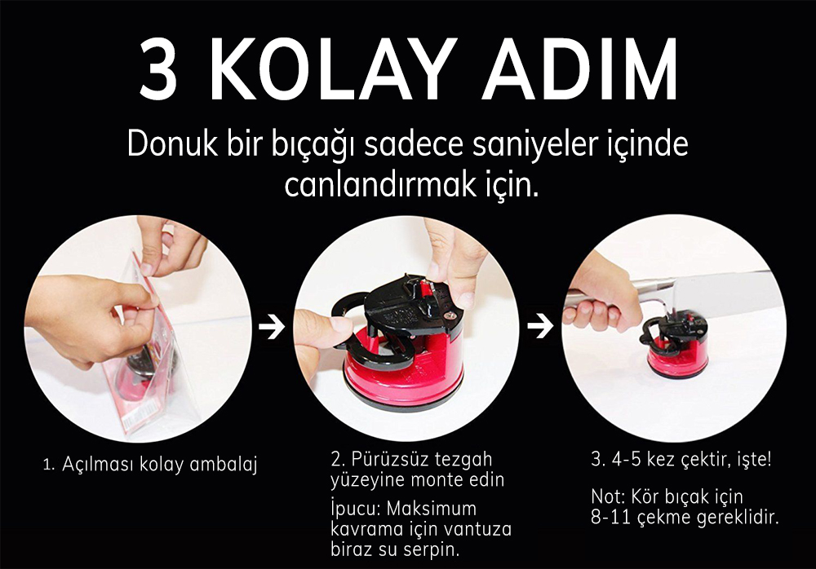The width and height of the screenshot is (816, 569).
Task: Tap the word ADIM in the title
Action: click(x=579, y=69)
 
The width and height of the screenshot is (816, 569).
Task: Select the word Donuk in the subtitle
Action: click(x=172, y=143)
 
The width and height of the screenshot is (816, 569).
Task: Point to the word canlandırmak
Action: click(x=380, y=184)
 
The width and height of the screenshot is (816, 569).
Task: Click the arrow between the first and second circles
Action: click(x=273, y=327)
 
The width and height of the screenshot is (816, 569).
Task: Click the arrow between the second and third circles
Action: click(x=540, y=325)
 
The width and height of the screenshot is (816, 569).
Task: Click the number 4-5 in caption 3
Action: click(x=627, y=460)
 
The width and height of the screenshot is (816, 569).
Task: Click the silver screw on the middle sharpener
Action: click(x=452, y=313)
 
